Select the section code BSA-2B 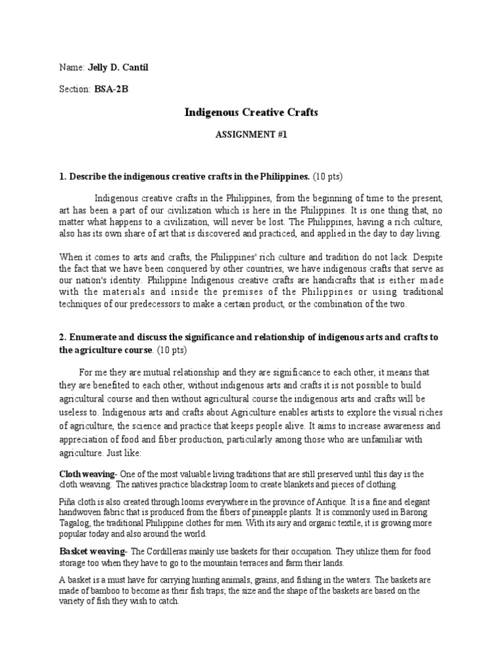pyautogui.click(x=111, y=90)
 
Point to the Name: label pyautogui.click(x=71, y=67)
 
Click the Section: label pyautogui.click(x=75, y=90)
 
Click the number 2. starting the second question pyautogui.click(x=63, y=337)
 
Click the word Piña pyautogui.click(x=69, y=502)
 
